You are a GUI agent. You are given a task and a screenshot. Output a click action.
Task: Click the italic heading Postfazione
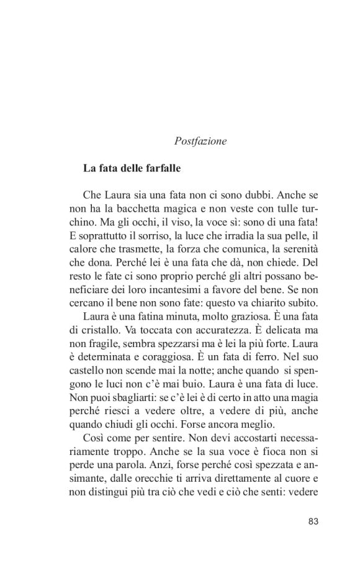[200, 141]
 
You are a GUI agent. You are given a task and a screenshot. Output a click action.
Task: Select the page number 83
[313, 521]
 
